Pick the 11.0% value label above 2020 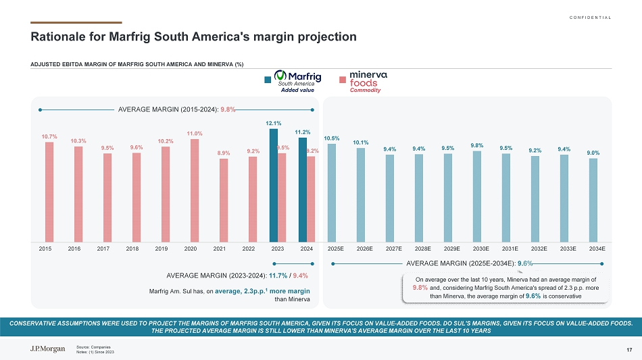click(195, 133)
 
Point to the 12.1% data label click(273, 124)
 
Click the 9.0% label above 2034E click(593, 153)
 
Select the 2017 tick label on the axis click(103, 249)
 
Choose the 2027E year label click(393, 249)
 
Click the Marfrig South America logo click(297, 80)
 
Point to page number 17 click(629, 349)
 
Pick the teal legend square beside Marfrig click(268, 80)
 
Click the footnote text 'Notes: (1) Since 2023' click(95, 352)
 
